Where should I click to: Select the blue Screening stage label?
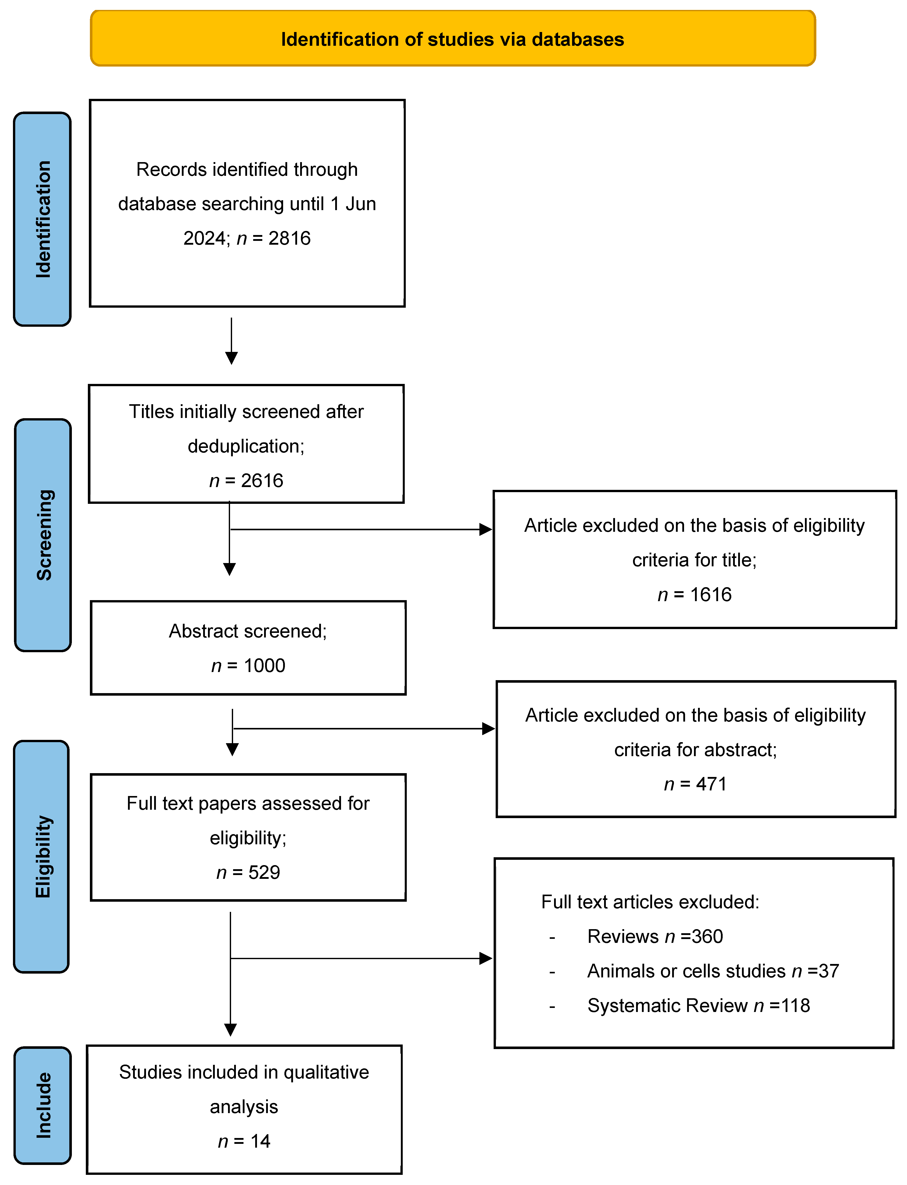point(43,535)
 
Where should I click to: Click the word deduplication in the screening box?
point(246,446)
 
